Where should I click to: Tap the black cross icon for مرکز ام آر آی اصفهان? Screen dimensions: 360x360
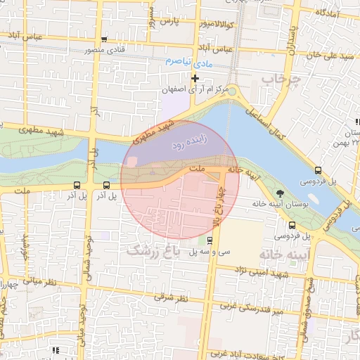(195, 78)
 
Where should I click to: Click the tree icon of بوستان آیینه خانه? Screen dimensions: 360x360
(281, 193)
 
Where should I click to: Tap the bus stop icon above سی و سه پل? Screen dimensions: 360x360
(208, 238)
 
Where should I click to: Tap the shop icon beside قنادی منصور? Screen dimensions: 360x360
(105, 40)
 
